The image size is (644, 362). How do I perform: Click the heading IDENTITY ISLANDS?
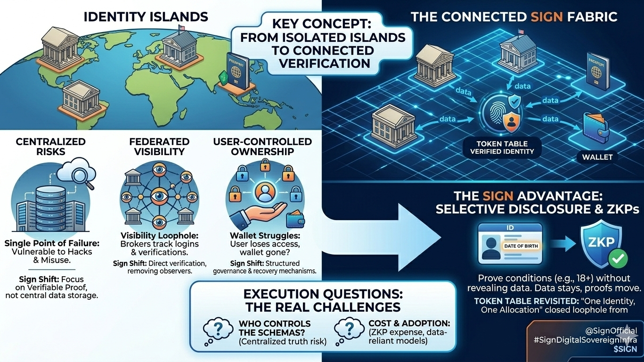pyautogui.click(x=146, y=17)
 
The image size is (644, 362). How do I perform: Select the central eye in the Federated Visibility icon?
pyautogui.click(x=159, y=194)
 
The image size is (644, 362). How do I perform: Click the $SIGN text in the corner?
pyautogui.click(x=625, y=350)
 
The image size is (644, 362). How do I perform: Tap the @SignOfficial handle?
pyautogui.click(x=611, y=331)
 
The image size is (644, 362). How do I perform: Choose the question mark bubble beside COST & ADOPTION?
pyautogui.click(x=348, y=329)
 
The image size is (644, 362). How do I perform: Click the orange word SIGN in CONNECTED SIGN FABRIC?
pyautogui.click(x=547, y=17)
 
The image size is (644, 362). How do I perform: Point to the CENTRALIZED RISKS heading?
pyautogui.click(x=50, y=146)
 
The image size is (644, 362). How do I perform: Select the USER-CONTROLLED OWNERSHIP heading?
pyautogui.click(x=262, y=146)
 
